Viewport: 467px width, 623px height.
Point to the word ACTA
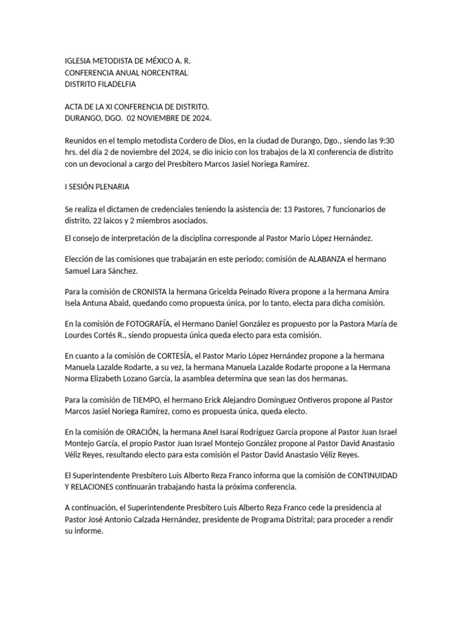click(74, 106)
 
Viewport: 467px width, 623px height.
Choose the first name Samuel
click(78, 270)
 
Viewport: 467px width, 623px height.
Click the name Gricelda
click(246, 291)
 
